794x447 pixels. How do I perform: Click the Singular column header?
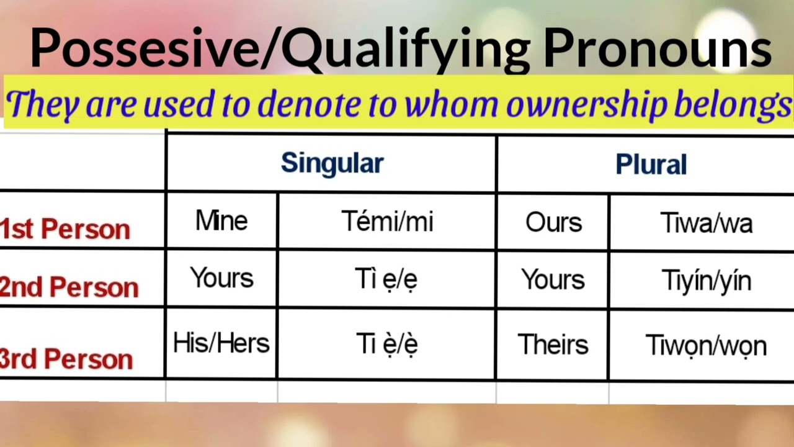(332, 163)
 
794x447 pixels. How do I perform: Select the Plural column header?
(651, 165)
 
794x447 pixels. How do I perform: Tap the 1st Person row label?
(65, 229)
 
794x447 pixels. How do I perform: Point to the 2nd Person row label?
(69, 287)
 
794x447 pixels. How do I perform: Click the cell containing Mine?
(221, 221)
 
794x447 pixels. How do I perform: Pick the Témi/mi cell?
(387, 222)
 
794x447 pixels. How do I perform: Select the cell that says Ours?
(553, 223)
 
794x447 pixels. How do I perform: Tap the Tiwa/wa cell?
(706, 223)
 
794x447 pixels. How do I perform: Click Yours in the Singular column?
(221, 278)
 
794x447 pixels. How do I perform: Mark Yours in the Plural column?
(553, 280)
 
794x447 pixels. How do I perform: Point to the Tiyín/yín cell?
(706, 281)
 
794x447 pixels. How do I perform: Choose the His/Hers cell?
(221, 343)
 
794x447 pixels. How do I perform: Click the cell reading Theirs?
(553, 345)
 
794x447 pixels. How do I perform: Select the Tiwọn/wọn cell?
(706, 346)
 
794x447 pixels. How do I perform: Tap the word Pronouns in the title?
(658, 50)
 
